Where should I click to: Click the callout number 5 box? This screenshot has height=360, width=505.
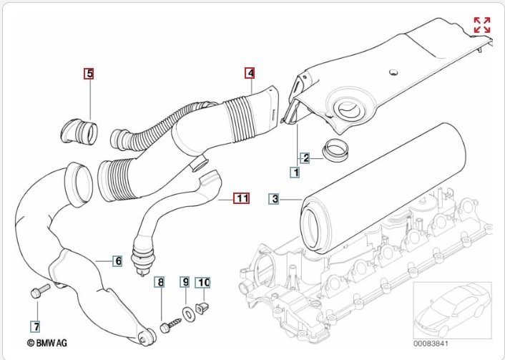coord(89,73)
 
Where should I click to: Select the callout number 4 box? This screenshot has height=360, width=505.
coord(250,73)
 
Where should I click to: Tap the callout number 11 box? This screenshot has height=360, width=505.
coord(242,198)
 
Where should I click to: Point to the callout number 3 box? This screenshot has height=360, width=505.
coord(275,198)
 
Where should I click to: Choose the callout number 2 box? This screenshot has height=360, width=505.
coord(305,158)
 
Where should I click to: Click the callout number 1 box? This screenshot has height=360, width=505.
coord(294,172)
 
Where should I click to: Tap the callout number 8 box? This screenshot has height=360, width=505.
coord(161,283)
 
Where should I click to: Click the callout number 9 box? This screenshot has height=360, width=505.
coord(185,283)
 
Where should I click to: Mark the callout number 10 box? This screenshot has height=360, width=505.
coord(204,283)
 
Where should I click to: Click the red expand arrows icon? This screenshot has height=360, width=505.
coord(482,26)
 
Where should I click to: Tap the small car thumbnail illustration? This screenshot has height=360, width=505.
coord(452,308)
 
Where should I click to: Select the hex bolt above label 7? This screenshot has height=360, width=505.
coord(39,291)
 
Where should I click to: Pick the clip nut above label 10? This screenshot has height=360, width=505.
coord(204,311)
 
